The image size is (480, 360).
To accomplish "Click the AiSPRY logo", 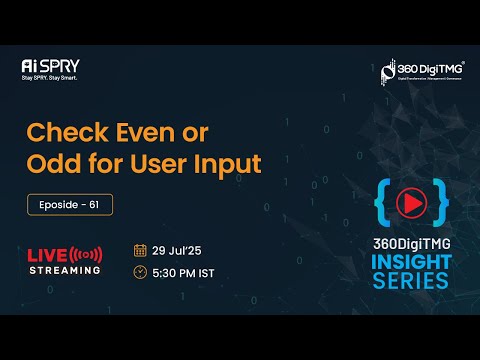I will coord(50,66).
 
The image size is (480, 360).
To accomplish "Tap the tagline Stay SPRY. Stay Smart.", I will coord(50,77).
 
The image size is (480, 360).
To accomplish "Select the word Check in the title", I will coord(68,132).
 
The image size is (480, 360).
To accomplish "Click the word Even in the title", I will coord(160,132).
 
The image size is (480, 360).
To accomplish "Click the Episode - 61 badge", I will coord(70,204).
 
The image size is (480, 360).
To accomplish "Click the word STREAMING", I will coord(64,270).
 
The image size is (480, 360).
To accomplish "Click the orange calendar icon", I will coord(140,250).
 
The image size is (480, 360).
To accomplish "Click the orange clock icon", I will coord(140,273).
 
